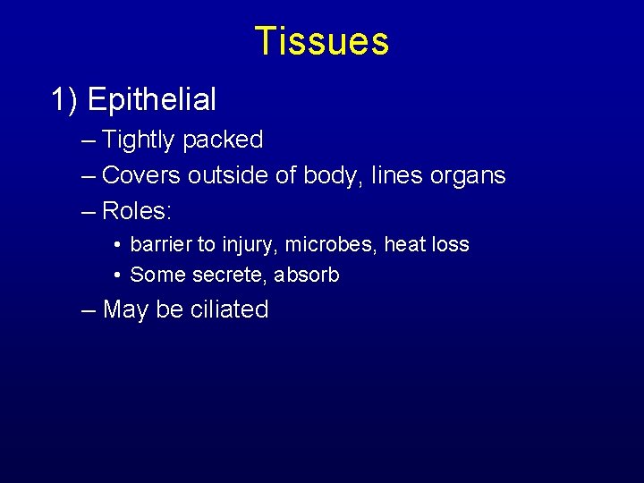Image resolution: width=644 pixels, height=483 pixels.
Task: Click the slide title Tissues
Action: coord(321,41)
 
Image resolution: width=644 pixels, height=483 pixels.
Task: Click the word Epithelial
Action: coord(152,99)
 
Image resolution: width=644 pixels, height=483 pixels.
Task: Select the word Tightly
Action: coord(139,140)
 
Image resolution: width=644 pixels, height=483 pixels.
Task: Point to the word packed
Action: coord(223,140)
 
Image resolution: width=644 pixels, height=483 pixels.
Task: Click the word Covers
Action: coord(141,175)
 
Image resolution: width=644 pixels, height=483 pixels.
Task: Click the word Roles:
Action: coord(137,211)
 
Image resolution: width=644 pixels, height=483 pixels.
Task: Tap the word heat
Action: coord(404,244)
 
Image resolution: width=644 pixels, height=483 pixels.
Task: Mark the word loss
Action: coord(451,244)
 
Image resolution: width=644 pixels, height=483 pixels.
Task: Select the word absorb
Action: coord(306,275)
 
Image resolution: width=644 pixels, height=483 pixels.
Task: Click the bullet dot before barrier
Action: coord(118,245)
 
